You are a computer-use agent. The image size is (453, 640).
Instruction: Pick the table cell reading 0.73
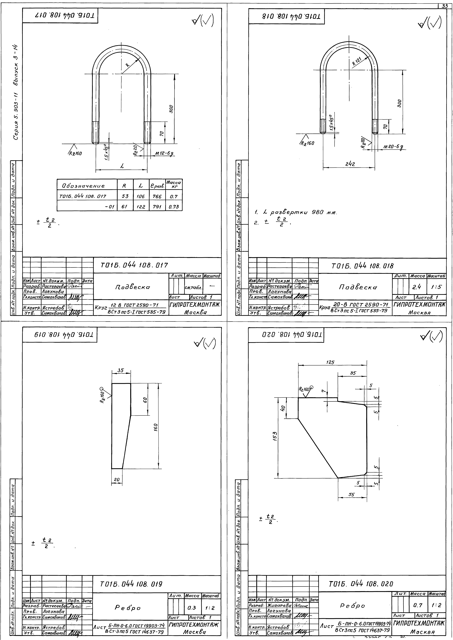[x=173, y=207]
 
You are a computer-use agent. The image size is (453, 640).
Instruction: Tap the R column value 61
[x=125, y=207]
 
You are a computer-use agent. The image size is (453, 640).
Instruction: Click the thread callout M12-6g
[x=165, y=153]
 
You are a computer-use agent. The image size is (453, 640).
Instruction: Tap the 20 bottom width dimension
[x=117, y=480]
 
